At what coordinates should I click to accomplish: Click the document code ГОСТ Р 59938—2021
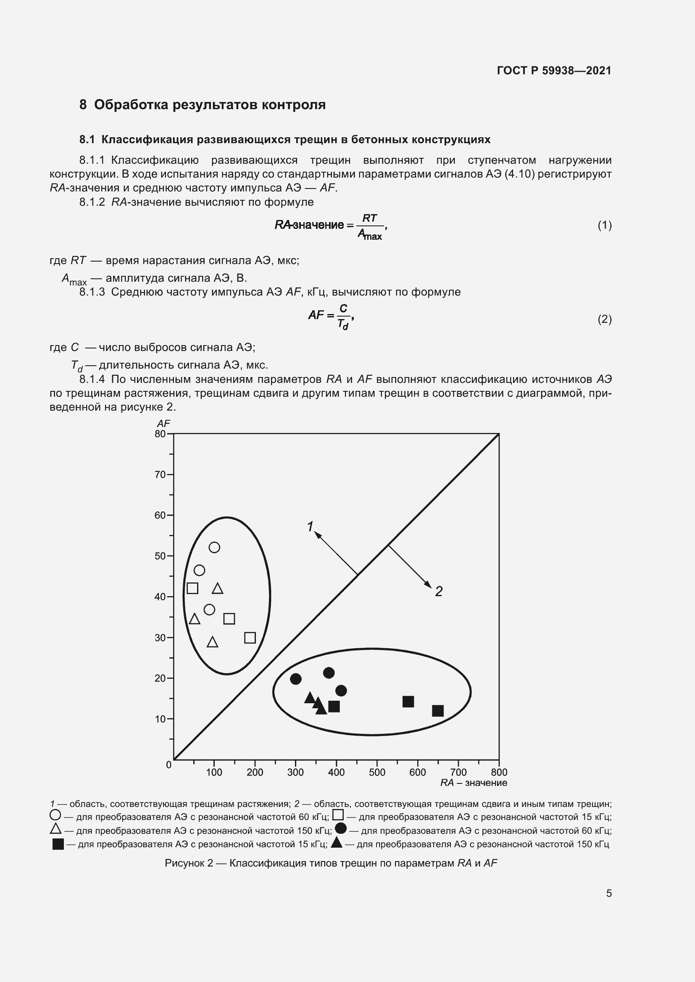(554, 71)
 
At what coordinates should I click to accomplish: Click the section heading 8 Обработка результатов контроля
(203, 105)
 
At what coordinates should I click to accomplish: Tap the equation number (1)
(604, 225)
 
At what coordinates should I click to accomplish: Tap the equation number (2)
(604, 319)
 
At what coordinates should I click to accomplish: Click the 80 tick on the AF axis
(160, 434)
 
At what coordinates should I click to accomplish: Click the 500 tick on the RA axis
(377, 772)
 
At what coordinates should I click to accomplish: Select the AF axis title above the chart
(163, 424)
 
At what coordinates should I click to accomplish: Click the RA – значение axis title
(473, 783)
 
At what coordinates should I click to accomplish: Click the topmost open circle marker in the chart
(214, 547)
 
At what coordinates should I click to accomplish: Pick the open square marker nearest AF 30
(250, 638)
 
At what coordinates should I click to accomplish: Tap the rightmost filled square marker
(438, 711)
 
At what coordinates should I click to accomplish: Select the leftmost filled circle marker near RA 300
(296, 679)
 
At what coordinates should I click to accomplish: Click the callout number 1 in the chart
(310, 526)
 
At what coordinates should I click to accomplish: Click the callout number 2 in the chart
(439, 592)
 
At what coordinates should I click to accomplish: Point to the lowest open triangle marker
(213, 642)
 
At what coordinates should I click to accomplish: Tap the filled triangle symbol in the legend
(337, 842)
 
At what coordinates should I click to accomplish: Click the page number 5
(608, 893)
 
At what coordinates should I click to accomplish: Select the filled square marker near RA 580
(408, 702)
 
